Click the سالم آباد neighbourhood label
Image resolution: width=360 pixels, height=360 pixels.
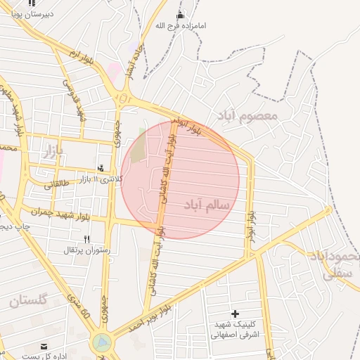coord(207,204)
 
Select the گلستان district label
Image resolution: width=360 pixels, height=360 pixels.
coord(28,301)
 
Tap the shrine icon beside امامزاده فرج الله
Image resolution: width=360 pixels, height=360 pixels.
coord(181,15)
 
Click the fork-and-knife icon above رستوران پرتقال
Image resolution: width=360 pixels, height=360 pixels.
coord(87,239)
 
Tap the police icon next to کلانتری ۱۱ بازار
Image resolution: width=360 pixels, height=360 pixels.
coord(103,168)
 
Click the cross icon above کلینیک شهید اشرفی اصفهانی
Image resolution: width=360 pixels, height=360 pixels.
coord(235,314)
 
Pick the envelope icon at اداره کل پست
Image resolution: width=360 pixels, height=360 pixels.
coord(44,347)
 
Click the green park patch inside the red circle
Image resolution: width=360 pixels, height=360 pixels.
coord(139,147)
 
